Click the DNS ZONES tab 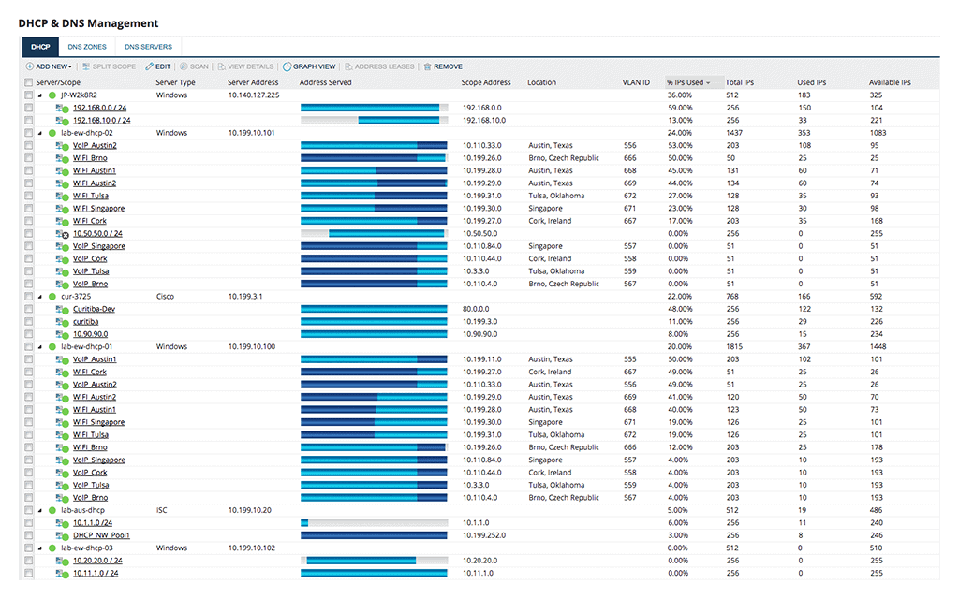87,47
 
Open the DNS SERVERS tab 148,47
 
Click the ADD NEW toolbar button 49,66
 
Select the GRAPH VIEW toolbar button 309,66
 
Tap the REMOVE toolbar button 443,66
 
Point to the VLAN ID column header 636,82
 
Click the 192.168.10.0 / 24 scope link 101,121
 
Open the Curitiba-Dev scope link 94,309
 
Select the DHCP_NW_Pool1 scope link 101,535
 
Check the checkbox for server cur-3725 29,297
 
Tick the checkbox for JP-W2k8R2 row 29,95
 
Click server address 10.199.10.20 249,510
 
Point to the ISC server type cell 161,510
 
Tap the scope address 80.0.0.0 475,309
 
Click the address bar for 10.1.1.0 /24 375,523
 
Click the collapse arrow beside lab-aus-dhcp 40,510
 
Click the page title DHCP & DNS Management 88,23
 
